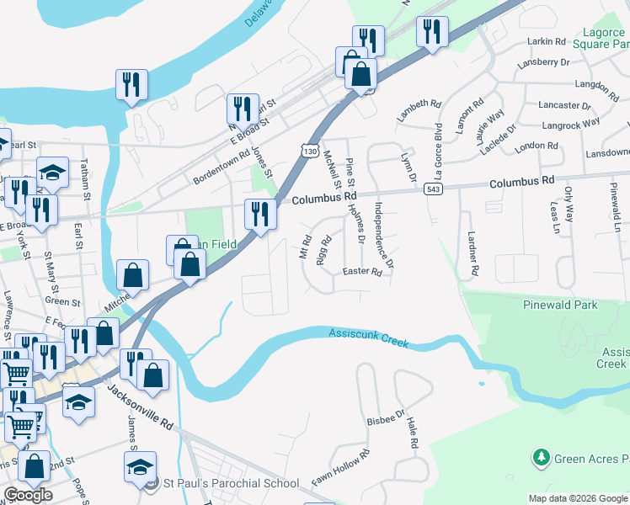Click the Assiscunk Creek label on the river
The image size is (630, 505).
click(x=367, y=337)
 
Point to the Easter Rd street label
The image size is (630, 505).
click(x=362, y=272)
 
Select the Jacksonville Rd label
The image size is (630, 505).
click(x=139, y=407)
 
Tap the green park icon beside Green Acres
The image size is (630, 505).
click(x=540, y=459)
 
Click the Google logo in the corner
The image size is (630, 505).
click(x=28, y=494)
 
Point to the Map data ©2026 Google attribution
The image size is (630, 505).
click(x=578, y=498)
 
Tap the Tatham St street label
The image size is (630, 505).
click(x=85, y=179)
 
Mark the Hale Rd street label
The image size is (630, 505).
click(x=411, y=432)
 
